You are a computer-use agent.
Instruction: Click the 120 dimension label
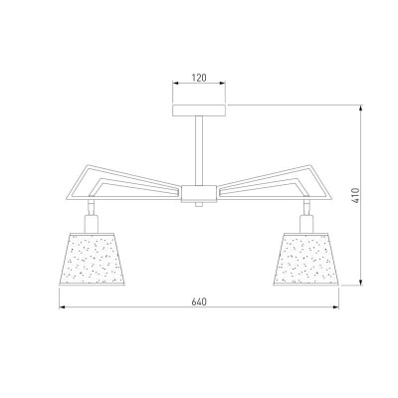point(199,78)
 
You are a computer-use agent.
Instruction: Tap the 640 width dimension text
point(199,301)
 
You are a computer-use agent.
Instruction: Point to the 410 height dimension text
point(355,195)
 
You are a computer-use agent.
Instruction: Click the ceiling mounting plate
point(199,110)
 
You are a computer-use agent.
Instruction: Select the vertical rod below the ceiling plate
point(199,150)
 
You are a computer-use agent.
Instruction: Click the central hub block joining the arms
point(199,194)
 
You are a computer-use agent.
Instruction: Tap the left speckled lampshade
point(92,259)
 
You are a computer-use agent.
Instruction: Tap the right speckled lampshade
point(305,259)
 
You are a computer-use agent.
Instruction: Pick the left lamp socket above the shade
point(92,224)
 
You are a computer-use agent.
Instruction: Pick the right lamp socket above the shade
point(306,224)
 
